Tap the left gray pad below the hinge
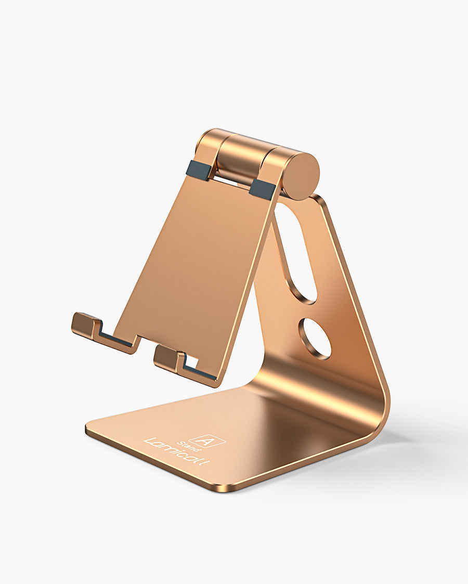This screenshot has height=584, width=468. (198, 169)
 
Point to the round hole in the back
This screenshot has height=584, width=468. (315, 339)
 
